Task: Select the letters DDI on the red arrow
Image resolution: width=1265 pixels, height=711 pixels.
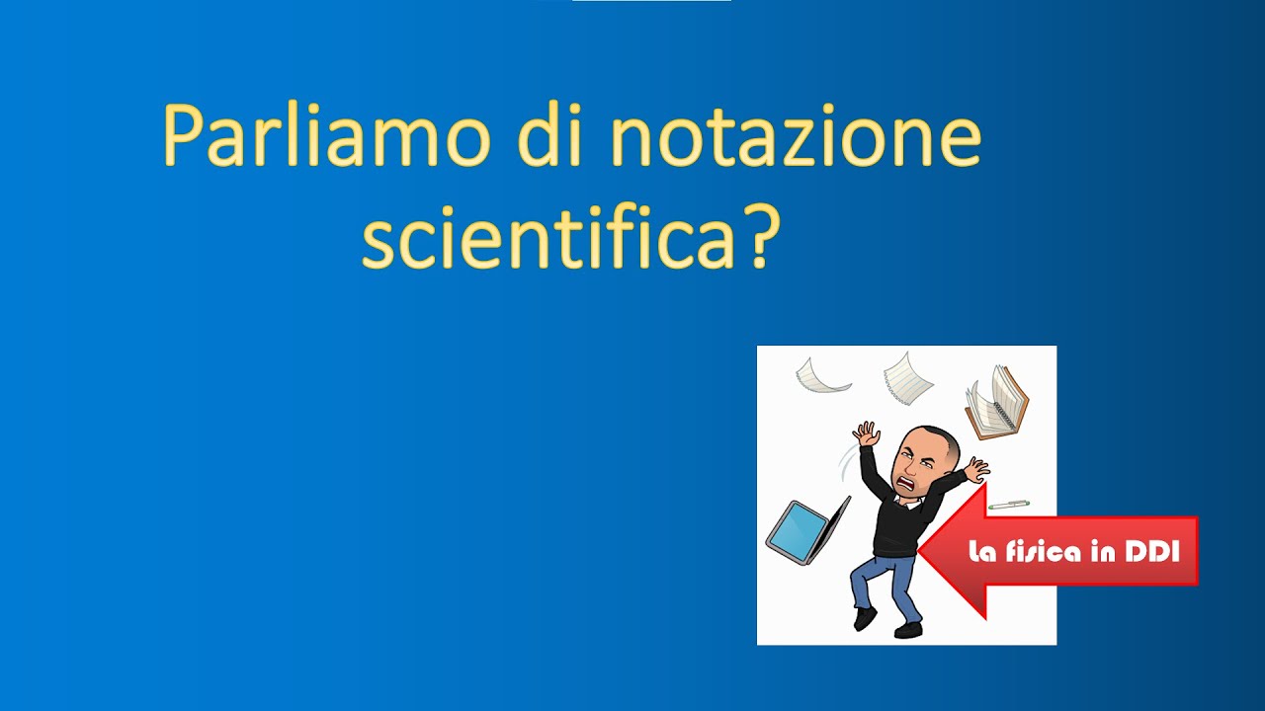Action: click(1152, 552)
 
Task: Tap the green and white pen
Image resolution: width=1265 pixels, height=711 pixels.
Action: click(1008, 505)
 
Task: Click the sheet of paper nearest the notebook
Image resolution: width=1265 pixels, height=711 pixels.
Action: click(907, 378)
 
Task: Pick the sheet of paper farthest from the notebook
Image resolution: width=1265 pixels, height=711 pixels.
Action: click(822, 374)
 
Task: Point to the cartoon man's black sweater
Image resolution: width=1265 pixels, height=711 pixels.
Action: click(894, 523)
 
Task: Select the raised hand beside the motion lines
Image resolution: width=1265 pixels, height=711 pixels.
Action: click(867, 434)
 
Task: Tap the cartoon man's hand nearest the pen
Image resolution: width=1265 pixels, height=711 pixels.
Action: click(976, 469)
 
